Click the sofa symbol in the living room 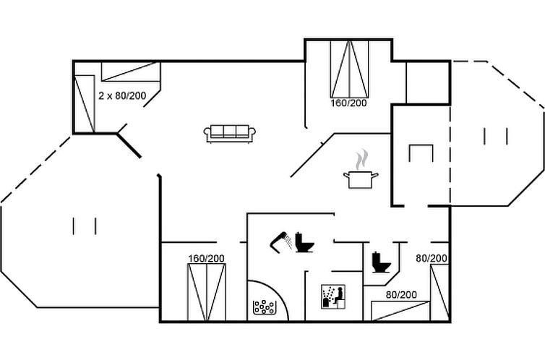click(x=230, y=134)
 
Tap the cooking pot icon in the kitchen click(x=361, y=180)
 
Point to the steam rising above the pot click(x=362, y=159)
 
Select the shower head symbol click(x=282, y=241)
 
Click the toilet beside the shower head click(x=304, y=242)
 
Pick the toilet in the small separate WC click(x=382, y=262)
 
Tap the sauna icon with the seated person click(x=333, y=296)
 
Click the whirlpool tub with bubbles click(x=264, y=307)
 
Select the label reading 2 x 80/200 click(x=122, y=96)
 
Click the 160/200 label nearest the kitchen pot click(x=348, y=103)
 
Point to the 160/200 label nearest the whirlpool click(x=206, y=259)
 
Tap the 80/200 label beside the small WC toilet click(x=432, y=258)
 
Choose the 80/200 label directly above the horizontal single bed click(x=401, y=295)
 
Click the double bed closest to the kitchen click(x=349, y=69)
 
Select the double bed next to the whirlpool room click(x=207, y=292)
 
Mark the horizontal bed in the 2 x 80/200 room click(x=131, y=72)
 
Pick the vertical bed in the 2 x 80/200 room click(x=85, y=103)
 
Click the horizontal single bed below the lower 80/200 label click(x=400, y=311)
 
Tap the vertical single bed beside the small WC click(x=439, y=292)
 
